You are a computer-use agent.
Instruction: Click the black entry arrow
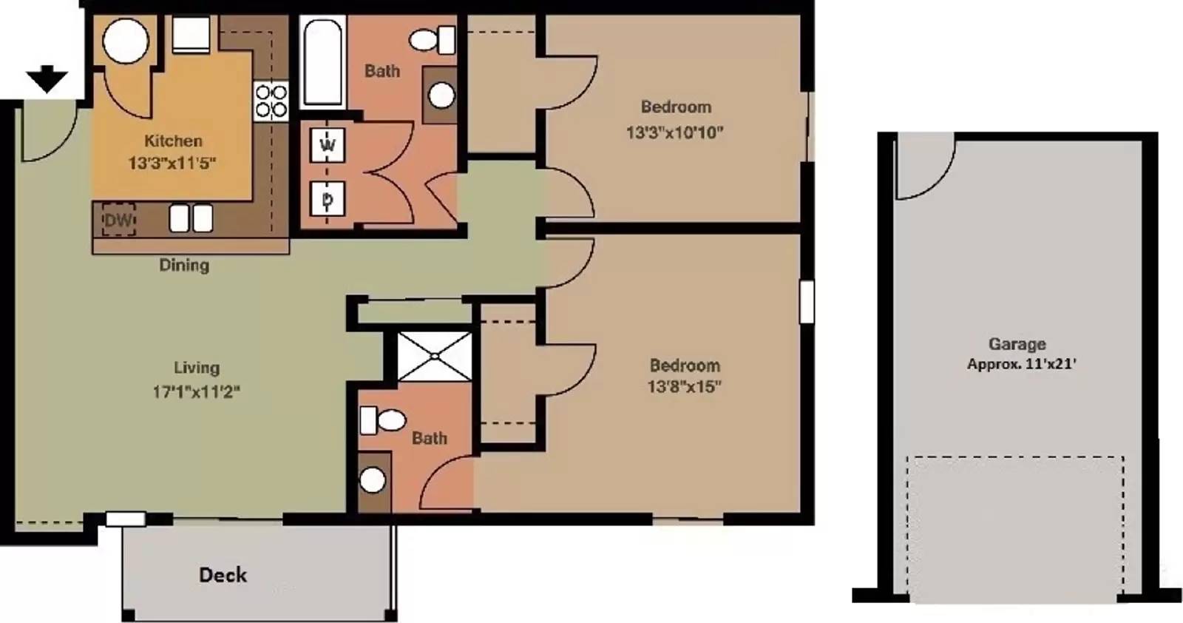point(47,79)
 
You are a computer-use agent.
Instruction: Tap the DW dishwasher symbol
point(118,219)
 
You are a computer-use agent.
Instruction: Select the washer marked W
point(328,145)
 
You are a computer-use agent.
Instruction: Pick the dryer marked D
point(328,199)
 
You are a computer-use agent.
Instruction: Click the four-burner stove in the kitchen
point(271,101)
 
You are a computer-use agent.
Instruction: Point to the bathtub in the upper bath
point(322,62)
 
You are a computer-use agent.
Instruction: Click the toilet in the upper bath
point(433,40)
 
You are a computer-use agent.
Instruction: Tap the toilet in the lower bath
point(383,420)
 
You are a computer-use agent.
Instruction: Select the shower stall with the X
point(435,356)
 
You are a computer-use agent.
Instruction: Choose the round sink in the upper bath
point(441,96)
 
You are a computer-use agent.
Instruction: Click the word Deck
point(223,575)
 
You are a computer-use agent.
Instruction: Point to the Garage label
point(1017,344)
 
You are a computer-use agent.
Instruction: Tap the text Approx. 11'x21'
point(1021,364)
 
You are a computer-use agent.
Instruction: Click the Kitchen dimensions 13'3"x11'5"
point(172,164)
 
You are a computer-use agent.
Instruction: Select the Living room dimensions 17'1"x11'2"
point(197,392)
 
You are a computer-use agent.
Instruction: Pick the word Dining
point(184,265)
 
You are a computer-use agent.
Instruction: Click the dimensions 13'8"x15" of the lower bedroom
point(685,386)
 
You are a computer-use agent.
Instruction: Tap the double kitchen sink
point(191,218)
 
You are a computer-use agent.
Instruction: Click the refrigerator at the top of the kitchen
point(191,34)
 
